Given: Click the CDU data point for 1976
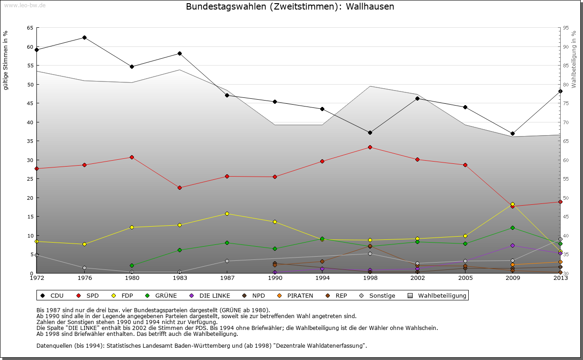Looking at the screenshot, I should [84, 37].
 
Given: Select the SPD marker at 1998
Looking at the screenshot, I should [370, 147].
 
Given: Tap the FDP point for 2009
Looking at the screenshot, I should [512, 204].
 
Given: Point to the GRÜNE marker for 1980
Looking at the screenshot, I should [132, 265].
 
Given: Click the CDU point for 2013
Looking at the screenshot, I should [560, 91].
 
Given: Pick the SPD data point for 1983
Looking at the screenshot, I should [179, 188].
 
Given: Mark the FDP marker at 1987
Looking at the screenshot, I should [227, 213].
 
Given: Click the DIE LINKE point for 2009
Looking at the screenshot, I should [512, 245].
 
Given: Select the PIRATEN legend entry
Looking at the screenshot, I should [300, 296].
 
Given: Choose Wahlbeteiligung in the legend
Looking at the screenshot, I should [442, 296].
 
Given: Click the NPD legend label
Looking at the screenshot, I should [258, 296].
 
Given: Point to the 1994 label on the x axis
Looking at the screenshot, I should [322, 278].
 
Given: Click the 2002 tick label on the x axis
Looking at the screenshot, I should [417, 278].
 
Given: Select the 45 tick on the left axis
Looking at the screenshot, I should [30, 103].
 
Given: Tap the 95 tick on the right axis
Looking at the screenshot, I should [566, 28].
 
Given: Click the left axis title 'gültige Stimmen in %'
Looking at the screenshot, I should [6, 61].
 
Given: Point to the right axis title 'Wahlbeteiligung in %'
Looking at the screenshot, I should [573, 60].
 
